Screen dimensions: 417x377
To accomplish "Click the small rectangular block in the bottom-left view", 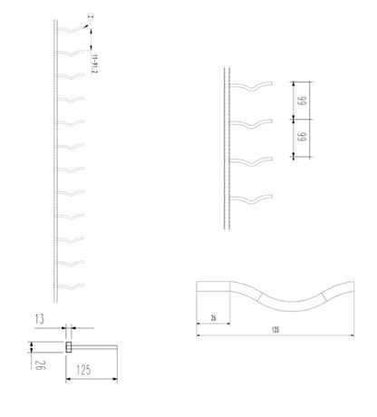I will pos(68,346).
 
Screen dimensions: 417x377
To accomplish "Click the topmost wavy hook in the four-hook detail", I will pos(253,86).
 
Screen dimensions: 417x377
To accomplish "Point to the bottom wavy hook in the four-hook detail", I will pos(253,199).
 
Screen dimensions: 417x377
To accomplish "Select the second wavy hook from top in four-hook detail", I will pos(253,123).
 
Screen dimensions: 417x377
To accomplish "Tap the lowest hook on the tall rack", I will pos(72,287).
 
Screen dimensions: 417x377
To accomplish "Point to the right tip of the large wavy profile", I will pos(352,288).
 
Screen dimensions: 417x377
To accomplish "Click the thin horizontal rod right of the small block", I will pos(95,346).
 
